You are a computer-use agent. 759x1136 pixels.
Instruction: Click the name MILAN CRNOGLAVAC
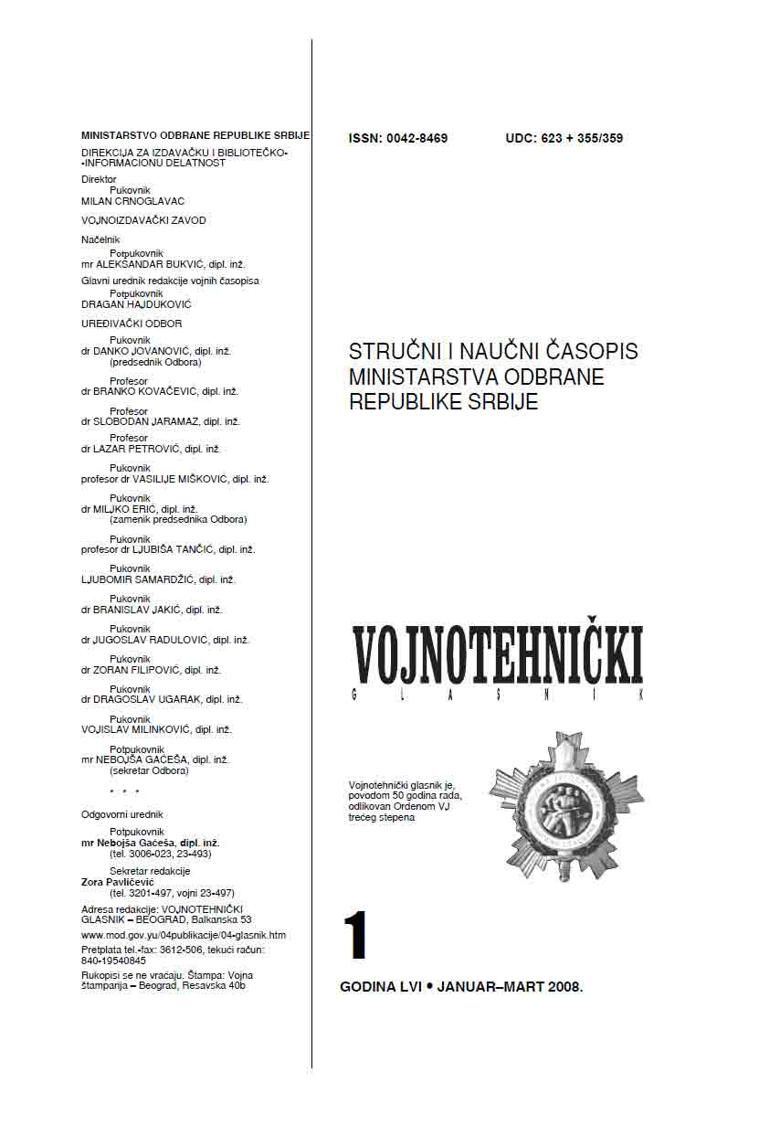point(133,201)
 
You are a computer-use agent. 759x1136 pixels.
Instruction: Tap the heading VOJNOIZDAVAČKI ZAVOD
point(143,220)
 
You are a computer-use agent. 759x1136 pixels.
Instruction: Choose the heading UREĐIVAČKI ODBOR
point(132,324)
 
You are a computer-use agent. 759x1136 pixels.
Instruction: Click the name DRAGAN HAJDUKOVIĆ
point(136,304)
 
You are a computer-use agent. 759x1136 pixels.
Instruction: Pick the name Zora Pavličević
point(118,882)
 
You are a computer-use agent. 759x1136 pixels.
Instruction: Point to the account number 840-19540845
point(113,961)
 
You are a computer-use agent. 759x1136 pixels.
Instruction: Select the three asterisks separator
point(124,791)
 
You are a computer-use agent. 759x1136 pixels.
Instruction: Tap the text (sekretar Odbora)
point(149,770)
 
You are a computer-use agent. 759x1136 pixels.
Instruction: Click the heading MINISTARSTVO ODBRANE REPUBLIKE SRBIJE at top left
point(195,135)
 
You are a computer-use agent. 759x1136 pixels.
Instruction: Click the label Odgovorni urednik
point(121,814)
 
